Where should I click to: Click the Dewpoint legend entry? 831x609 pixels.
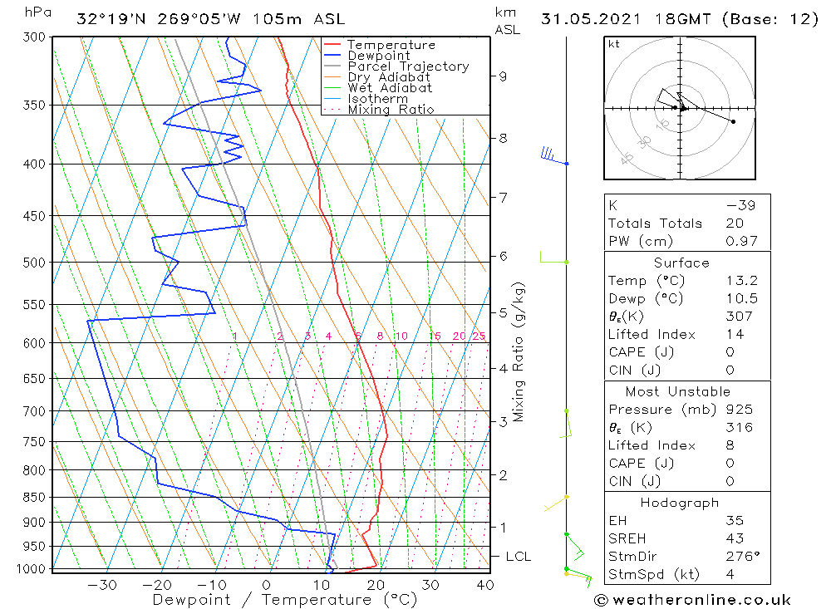point(378,56)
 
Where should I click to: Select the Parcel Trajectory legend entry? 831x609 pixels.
point(408,66)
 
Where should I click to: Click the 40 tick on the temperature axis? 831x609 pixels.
point(484,585)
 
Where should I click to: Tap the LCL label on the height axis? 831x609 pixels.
point(518,557)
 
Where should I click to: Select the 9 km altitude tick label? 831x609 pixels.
point(503,76)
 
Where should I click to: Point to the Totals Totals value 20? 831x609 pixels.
point(734,223)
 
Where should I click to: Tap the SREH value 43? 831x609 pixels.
point(734,538)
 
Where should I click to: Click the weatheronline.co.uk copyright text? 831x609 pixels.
point(692,600)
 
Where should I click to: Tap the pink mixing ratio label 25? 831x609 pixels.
point(479,336)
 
